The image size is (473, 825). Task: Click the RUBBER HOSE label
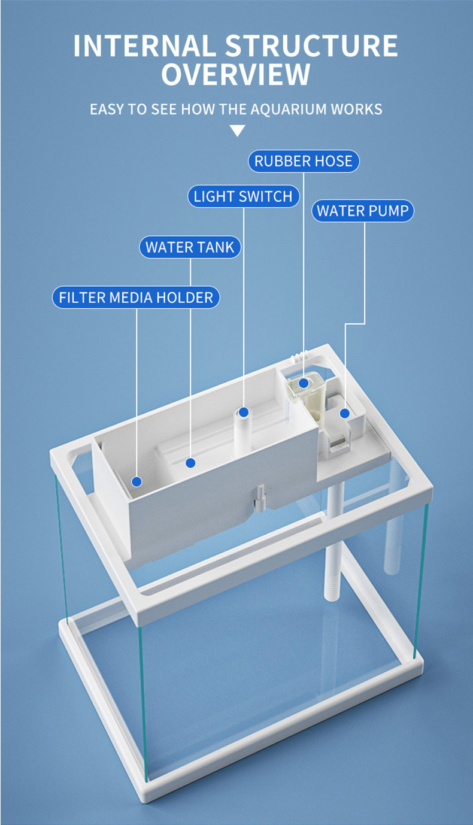(x=304, y=161)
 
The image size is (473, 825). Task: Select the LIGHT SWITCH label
(x=243, y=196)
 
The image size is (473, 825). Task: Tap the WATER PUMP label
(x=363, y=211)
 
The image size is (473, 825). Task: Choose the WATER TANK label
(x=190, y=247)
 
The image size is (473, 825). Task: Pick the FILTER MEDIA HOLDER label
(x=136, y=297)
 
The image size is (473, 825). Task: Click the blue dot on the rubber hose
(x=304, y=383)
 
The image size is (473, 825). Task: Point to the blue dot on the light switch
(x=244, y=412)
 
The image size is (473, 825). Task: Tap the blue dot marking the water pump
(x=345, y=414)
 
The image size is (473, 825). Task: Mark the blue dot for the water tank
(x=190, y=463)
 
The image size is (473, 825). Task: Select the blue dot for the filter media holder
(x=137, y=481)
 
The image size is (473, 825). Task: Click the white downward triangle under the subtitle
(x=237, y=131)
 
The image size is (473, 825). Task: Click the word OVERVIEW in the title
(x=236, y=75)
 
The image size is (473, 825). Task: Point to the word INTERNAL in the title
(x=144, y=46)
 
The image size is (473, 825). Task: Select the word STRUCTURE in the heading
(x=312, y=46)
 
